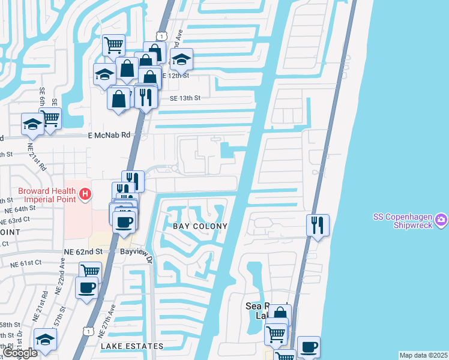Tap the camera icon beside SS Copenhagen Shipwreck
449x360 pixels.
(x=441, y=220)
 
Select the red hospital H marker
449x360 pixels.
(x=86, y=194)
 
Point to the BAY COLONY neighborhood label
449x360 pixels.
(x=200, y=226)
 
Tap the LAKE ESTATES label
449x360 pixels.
(x=132, y=346)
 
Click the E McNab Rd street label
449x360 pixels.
(x=109, y=136)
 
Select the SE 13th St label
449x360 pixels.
(x=185, y=98)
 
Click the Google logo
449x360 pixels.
(x=19, y=353)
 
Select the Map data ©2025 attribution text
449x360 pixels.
(x=424, y=355)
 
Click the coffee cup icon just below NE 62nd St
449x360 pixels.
(x=86, y=287)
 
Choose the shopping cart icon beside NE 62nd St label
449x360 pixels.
(x=90, y=271)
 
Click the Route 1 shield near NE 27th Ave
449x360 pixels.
(x=88, y=331)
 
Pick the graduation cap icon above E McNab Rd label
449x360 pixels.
(x=33, y=124)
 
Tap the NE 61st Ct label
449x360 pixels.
(x=26, y=263)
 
